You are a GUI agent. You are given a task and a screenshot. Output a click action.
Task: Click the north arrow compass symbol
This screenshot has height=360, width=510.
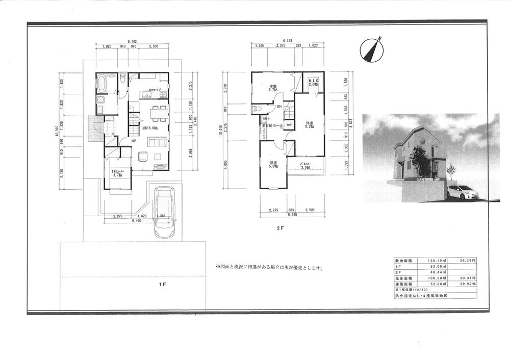371,49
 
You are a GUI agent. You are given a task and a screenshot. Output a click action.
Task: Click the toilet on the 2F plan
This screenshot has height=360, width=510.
257,109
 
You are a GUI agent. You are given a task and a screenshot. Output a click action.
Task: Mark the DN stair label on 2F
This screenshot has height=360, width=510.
279,107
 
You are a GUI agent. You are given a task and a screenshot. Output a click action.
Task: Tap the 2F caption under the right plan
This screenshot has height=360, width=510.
280,229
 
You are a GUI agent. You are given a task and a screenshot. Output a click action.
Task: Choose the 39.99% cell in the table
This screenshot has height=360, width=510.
467,284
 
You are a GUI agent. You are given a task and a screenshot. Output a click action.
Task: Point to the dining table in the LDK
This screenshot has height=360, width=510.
159,111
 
